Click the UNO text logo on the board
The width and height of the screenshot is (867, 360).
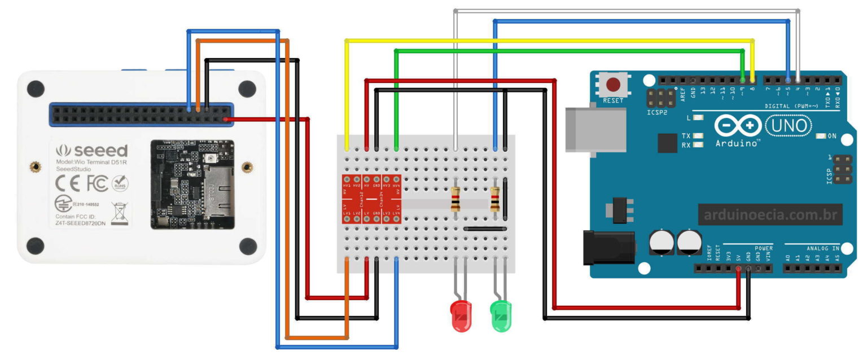(789, 126)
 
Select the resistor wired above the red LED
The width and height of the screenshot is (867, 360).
(456, 199)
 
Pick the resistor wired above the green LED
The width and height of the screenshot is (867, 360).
(496, 199)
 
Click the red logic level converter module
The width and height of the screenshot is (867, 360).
(371, 200)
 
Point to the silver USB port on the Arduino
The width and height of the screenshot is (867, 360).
(595, 130)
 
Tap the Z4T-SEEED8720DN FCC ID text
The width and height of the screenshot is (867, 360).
(82, 223)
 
